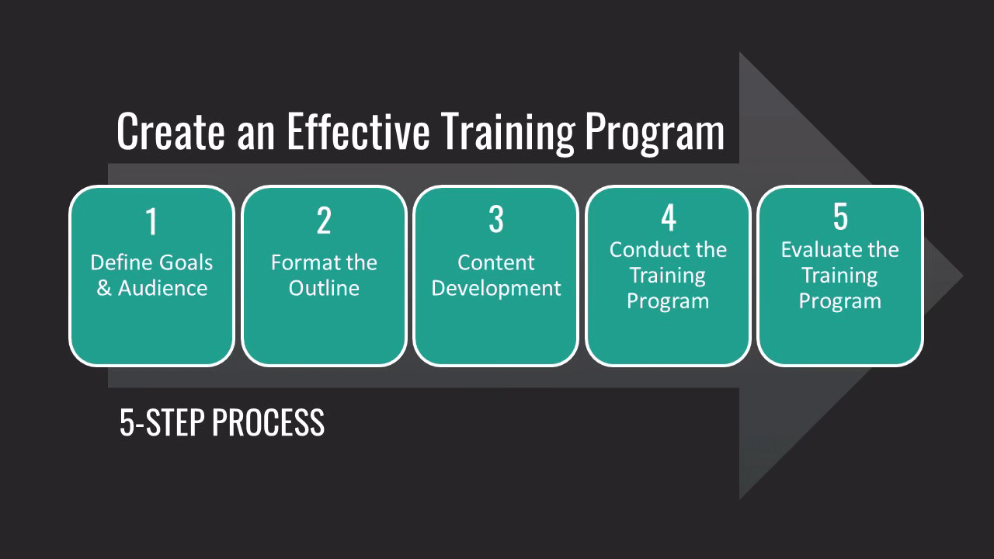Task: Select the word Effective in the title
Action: (357, 130)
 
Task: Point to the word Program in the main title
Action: (654, 132)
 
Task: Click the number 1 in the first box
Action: (151, 221)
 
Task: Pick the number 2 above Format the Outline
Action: (324, 221)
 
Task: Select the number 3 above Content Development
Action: (495, 220)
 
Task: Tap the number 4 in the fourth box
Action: (668, 218)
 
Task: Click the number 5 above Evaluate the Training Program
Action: (840, 217)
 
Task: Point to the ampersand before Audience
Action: (104, 288)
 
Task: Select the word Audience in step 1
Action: (163, 288)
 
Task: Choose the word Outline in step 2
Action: (324, 288)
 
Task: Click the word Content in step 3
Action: (495, 262)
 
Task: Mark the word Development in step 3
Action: (495, 288)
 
